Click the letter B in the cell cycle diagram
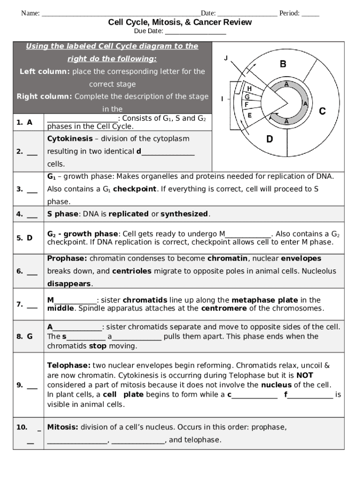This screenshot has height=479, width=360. point(283,64)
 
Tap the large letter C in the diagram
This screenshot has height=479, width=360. point(322,111)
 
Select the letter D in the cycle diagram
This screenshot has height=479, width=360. point(270,139)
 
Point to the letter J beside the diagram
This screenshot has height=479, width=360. point(226,58)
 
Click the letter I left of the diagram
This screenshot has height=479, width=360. point(222,99)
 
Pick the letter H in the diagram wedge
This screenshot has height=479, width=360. point(249,89)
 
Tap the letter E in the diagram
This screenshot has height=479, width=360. point(250,115)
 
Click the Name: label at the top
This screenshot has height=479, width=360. point(30,13)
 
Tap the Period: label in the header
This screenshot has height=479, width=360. point(289,13)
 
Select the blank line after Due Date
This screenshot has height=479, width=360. point(195,31)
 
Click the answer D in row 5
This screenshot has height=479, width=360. point(29,238)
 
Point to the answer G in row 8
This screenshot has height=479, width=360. point(29,336)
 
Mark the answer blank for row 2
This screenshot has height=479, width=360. point(32,151)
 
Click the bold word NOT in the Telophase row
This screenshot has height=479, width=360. point(305,375)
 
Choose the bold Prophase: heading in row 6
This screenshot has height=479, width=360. point(67,258)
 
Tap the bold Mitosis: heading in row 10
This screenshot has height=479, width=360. point(63,427)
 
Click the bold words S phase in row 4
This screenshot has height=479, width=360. point(62,214)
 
